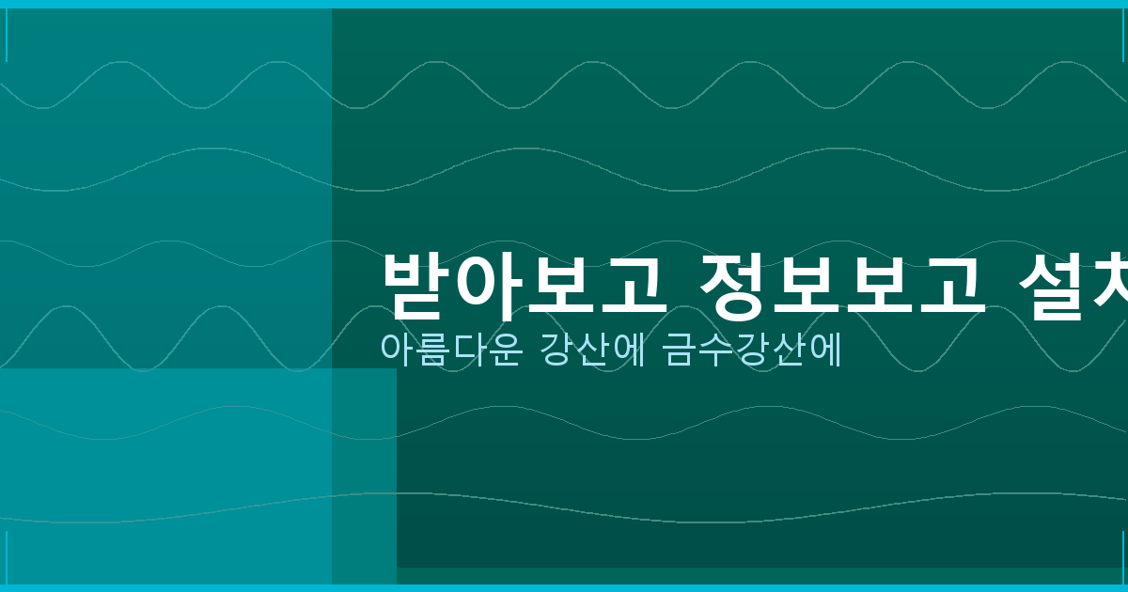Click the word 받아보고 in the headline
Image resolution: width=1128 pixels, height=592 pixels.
525,285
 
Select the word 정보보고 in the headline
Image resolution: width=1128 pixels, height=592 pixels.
842,285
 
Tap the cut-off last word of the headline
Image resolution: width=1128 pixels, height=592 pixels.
1073,285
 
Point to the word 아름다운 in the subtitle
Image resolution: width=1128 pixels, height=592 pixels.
450,349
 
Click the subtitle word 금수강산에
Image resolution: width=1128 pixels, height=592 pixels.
749,349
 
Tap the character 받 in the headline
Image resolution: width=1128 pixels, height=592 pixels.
416,285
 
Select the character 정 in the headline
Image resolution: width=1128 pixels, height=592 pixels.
734,285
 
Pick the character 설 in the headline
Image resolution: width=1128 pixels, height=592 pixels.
1052,285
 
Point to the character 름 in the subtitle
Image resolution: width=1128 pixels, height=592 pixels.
432,350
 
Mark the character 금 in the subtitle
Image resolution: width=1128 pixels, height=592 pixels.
680,350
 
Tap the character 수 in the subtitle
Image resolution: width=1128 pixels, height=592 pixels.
714,350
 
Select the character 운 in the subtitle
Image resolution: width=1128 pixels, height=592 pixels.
503,350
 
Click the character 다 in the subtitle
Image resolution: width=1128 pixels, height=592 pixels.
468,349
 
